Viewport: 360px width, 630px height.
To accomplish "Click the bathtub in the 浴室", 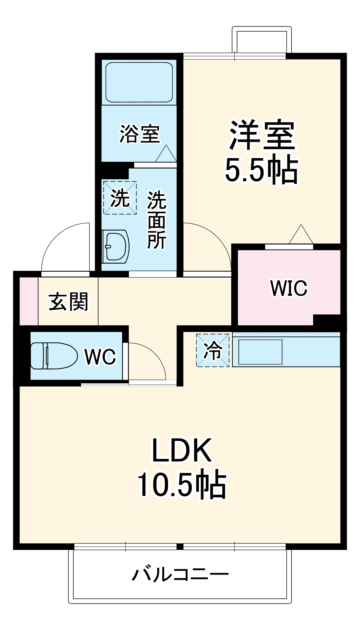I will [x=139, y=82].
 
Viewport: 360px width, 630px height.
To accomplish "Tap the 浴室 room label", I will [x=140, y=134].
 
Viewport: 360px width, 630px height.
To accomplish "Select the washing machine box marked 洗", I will [x=120, y=198].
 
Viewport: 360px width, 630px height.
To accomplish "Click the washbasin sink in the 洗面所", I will [x=116, y=246].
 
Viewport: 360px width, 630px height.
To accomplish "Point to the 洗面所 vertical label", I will [x=157, y=220].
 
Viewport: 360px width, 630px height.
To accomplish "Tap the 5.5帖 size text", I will [x=261, y=170].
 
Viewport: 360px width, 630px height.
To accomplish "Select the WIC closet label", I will [x=289, y=288].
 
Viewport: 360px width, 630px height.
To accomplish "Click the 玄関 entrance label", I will [x=68, y=301].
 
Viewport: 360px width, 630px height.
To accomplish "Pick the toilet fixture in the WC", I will [x=54, y=356].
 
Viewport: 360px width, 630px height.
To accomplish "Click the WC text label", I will [x=100, y=357].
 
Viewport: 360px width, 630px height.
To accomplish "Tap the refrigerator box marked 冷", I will [x=213, y=350].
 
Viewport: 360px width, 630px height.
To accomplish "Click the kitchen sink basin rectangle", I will [x=260, y=352].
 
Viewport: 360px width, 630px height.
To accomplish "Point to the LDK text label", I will [x=182, y=450].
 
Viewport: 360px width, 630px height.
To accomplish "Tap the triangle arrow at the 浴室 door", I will [x=166, y=155].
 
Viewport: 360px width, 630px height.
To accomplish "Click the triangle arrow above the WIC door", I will [x=301, y=235].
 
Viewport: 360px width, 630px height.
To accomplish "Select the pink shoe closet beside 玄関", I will [x=29, y=301].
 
